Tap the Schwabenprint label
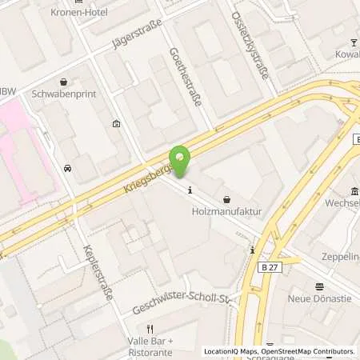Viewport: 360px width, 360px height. [63, 93]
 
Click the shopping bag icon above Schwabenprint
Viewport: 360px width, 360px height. [63, 81]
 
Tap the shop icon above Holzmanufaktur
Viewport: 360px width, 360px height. [226, 198]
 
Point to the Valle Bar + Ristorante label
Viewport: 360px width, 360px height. [150, 344]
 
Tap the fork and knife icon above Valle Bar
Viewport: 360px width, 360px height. [149, 328]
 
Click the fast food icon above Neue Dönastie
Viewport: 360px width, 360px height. [319, 286]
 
